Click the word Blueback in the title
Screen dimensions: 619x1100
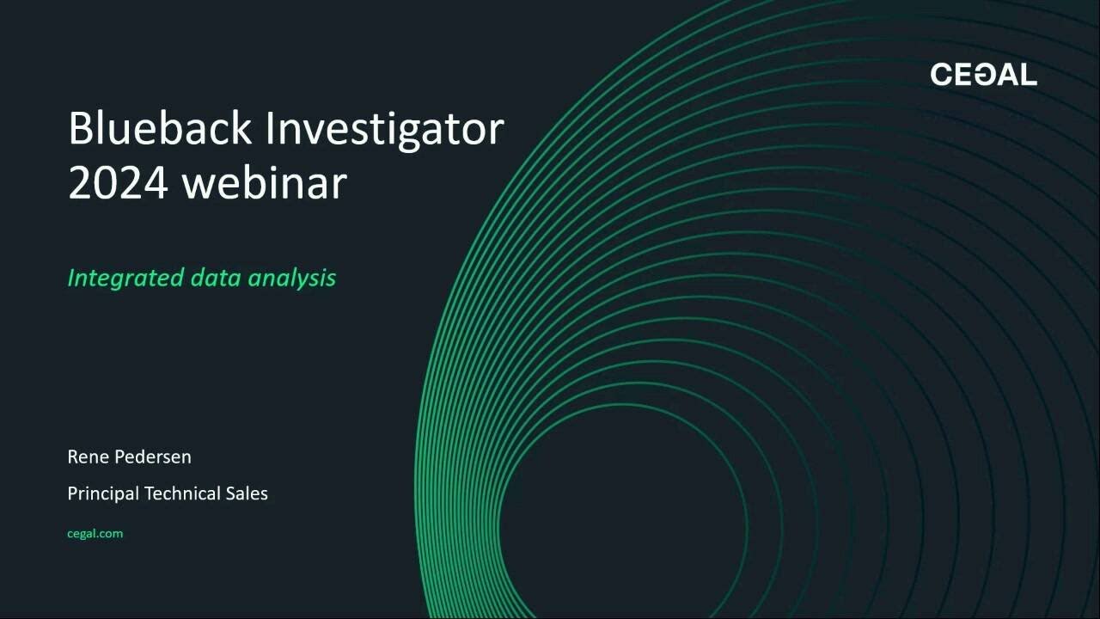(160, 128)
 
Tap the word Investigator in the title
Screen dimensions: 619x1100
(384, 130)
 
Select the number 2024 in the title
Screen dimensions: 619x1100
(118, 183)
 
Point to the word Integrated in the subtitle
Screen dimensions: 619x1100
(125, 278)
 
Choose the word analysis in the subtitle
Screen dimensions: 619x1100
(291, 278)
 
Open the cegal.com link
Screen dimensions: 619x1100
(95, 533)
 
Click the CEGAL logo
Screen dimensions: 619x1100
(983, 75)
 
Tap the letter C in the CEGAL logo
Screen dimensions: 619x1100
(941, 75)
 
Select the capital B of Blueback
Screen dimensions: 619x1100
(80, 128)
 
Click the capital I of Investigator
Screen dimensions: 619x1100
(270, 128)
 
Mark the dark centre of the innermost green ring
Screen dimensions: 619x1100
(623, 524)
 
